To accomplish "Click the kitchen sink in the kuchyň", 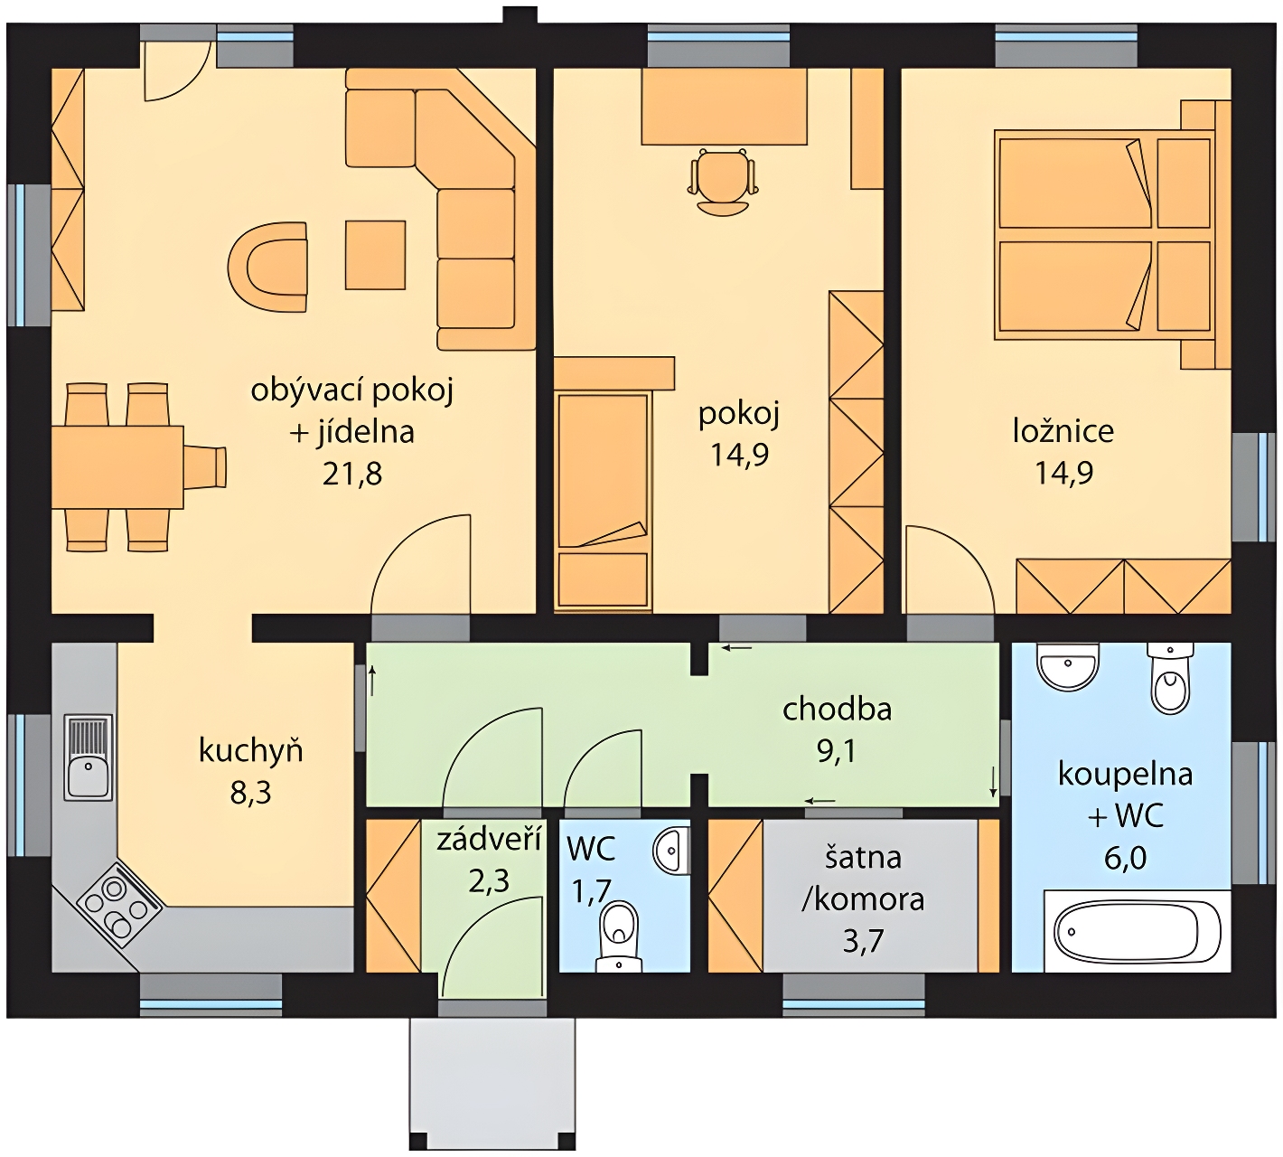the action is pos(89,757).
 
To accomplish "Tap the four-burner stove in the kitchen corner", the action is pos(118,905).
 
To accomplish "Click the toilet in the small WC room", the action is pos(619,936).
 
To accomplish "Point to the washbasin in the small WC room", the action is pos(671,850).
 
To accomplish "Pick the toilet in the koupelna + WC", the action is pos(1170,678).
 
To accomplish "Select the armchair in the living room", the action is pos(267,267).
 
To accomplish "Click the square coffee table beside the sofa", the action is pos(376,255).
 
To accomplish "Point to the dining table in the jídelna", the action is pos(117,467).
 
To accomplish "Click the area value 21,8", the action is pos(352,475).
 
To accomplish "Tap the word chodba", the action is pos(837,709).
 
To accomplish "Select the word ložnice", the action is pos(1063,430).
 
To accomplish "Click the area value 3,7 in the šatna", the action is pos(863,941).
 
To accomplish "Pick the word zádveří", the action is pos(490,839).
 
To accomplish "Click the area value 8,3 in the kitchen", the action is pos(250,792).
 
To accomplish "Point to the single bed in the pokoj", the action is pos(603,501).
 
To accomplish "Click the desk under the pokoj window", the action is pos(724,107).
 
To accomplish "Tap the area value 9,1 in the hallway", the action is pos(837,750).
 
